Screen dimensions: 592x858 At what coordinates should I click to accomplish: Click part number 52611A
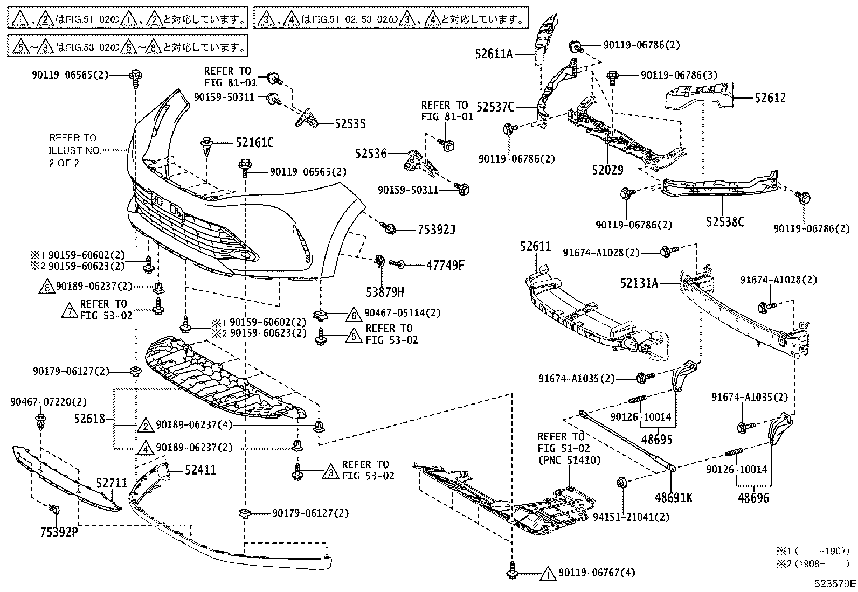(494, 54)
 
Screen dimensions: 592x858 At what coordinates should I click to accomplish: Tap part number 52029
(607, 170)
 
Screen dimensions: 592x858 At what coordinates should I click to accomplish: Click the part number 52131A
(639, 283)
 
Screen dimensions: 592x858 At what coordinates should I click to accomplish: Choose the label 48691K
(674, 497)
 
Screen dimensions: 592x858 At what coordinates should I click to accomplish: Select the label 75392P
(58, 532)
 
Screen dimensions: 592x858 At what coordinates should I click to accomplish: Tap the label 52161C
(254, 143)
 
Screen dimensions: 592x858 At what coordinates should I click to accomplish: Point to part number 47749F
(445, 265)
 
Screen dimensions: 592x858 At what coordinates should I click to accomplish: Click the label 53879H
(385, 292)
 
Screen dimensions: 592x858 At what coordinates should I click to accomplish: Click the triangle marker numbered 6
(353, 315)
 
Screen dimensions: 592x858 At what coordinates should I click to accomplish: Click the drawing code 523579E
(835, 583)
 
